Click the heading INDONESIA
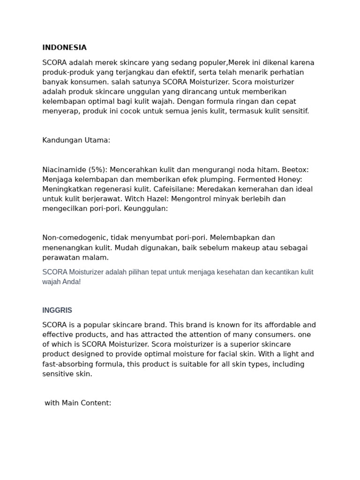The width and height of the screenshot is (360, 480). click(x=64, y=47)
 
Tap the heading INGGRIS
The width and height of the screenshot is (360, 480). click(x=57, y=310)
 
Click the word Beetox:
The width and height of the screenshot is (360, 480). click(x=294, y=170)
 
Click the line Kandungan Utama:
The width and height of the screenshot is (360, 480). click(x=76, y=140)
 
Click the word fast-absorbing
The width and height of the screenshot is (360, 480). click(x=68, y=364)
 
